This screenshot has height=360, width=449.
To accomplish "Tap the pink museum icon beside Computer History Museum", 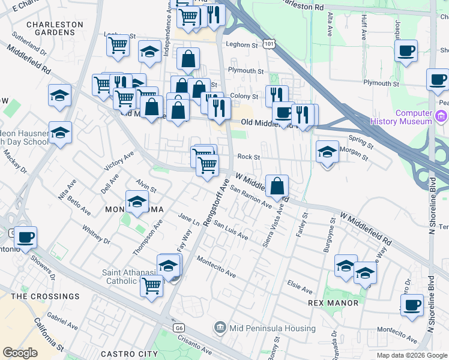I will pyautogui.click(x=442, y=116).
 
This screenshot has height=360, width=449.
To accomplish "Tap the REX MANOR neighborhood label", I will pyautogui.click(x=333, y=303).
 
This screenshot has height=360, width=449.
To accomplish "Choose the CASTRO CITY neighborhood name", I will pyautogui.click(x=127, y=354).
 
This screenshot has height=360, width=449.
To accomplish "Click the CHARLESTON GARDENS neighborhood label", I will pyautogui.click(x=55, y=29).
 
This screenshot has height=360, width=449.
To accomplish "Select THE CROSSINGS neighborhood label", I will pyautogui.click(x=45, y=296).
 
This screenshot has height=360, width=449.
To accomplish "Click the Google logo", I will pyautogui.click(x=20, y=353).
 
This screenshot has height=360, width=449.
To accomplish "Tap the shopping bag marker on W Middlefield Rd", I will pyautogui.click(x=277, y=186).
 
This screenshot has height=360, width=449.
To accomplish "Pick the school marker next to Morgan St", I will pyautogui.click(x=327, y=152).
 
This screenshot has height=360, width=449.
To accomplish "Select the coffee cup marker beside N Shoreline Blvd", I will pyautogui.click(x=412, y=305).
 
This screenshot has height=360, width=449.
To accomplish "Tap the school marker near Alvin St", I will pyautogui.click(x=137, y=202).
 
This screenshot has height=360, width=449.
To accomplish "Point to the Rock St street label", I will pyautogui.click(x=248, y=157).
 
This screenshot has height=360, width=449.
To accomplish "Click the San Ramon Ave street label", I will pyautogui.click(x=252, y=197).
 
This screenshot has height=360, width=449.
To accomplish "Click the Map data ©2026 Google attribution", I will pyautogui.click(x=412, y=355).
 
